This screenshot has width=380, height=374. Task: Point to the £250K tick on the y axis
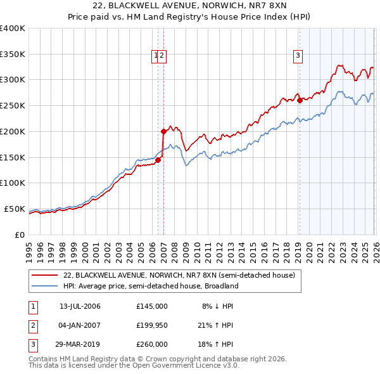pos(13,105)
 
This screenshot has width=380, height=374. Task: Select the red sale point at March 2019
pos(300,100)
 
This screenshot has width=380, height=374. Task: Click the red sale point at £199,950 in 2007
pos(163,131)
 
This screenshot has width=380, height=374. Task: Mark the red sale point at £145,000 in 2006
pos(158,160)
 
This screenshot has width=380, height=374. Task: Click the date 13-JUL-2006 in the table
pos(80,306)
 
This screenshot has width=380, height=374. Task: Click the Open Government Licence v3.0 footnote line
pos(134,366)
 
